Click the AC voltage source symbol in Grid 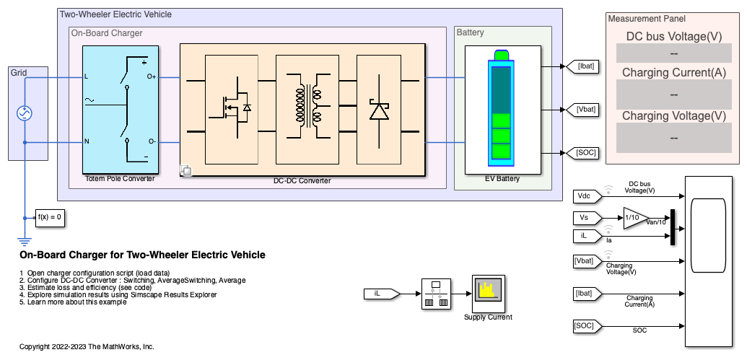coord(25,113)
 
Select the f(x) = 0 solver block coord(50,218)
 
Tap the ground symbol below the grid coord(25,241)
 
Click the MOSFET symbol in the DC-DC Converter coord(232,109)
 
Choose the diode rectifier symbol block coord(379,109)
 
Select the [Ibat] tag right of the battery coord(581,67)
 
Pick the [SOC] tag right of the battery coord(581,153)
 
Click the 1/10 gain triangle coord(635,218)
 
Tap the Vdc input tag coord(586,196)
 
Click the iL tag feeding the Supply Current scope coord(380,294)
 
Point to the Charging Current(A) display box coord(673,95)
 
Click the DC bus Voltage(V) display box coord(673,53)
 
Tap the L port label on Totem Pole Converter coord(86,76)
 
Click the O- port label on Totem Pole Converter coord(152,141)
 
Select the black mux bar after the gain coord(673,227)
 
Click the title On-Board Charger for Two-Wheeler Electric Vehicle coord(142,255)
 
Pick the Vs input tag coord(586,218)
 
